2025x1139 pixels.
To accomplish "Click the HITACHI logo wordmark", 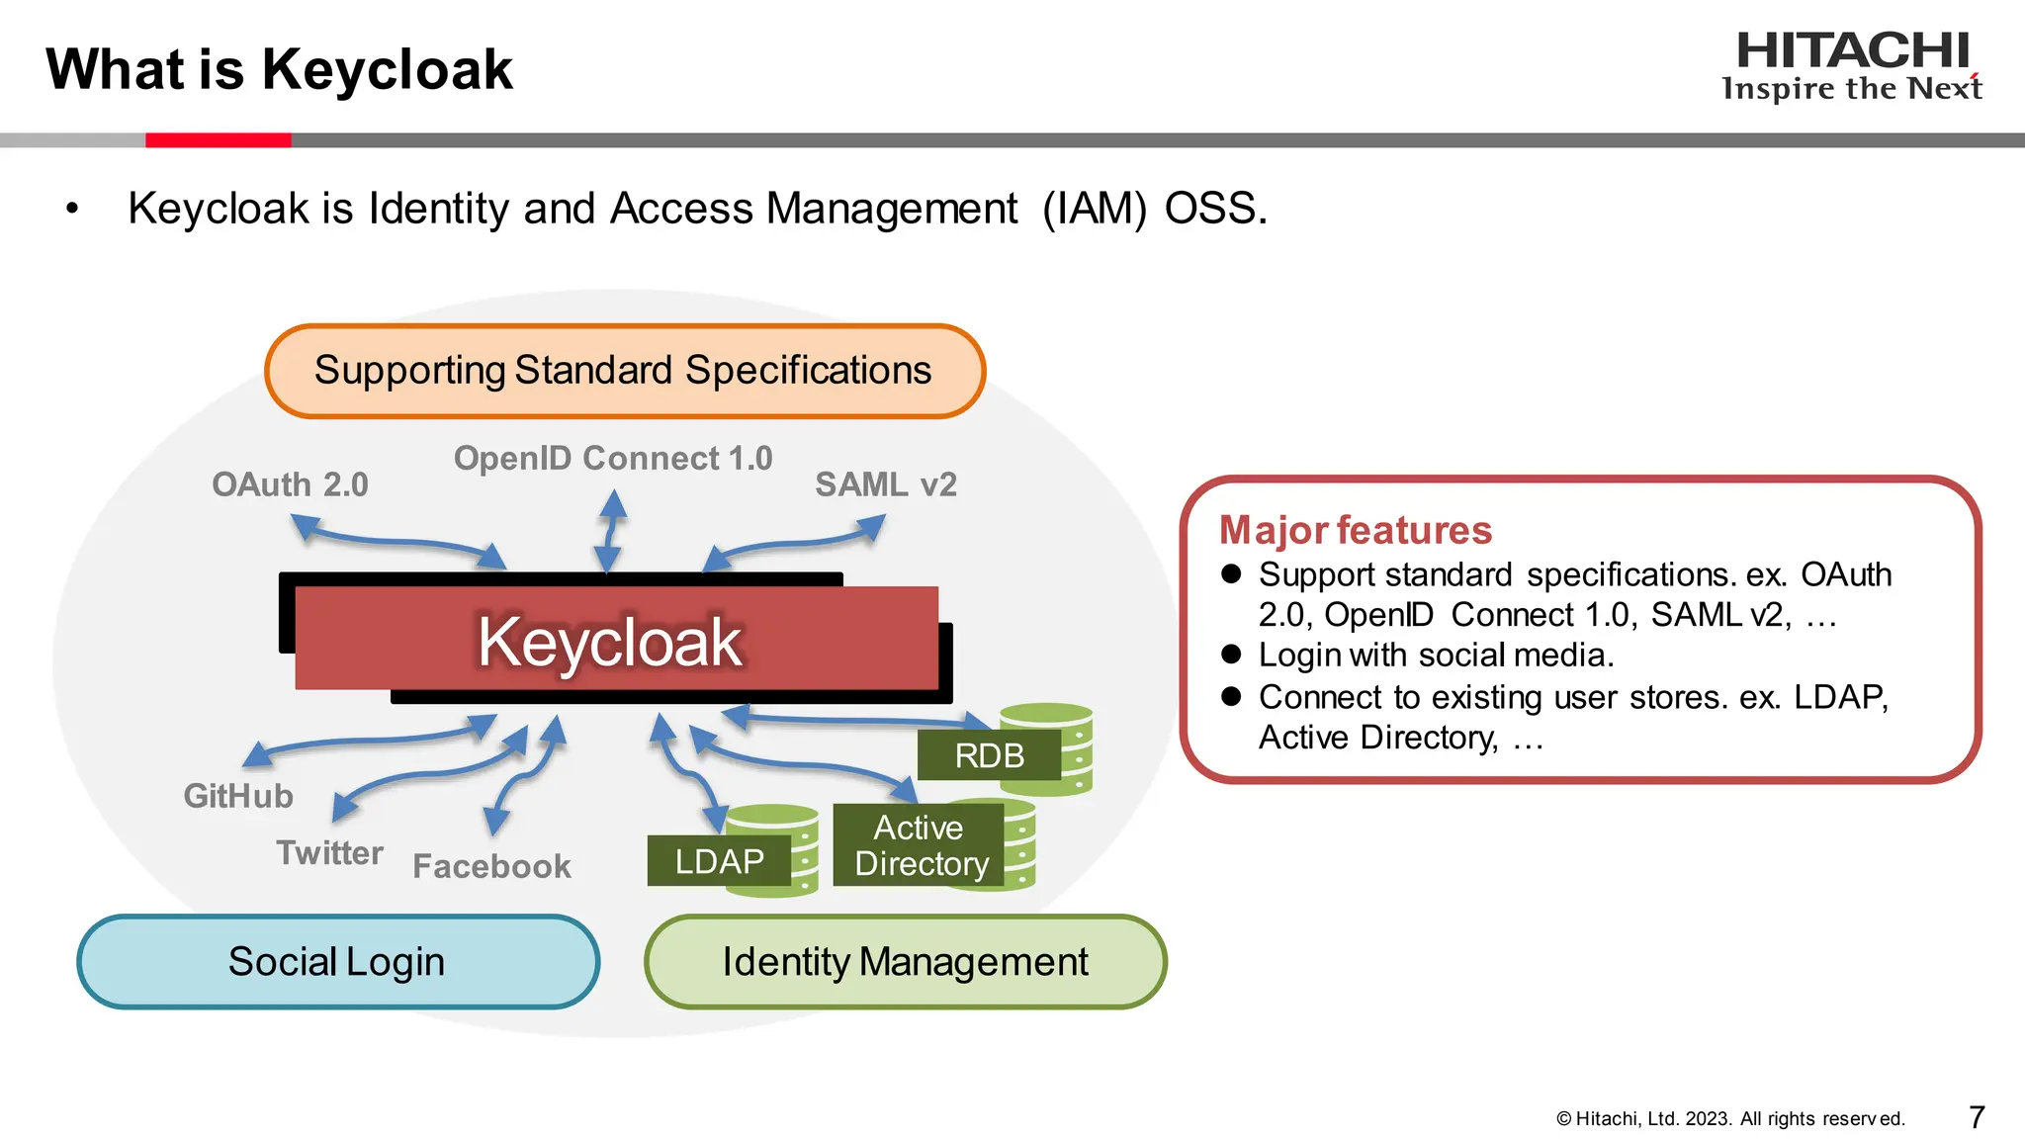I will [1852, 51].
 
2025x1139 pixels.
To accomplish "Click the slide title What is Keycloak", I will [279, 69].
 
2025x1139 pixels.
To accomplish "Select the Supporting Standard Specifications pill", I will [624, 371].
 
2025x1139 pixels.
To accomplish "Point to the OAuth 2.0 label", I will [290, 484].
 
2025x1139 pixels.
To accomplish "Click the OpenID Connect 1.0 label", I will [612, 458].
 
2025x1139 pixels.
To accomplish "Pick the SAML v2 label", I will [885, 484].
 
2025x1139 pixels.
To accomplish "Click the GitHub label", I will [238, 796].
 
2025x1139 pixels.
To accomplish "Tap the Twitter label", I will [329, 852].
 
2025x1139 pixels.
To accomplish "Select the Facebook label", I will [491, 866].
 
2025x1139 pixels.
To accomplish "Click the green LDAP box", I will [719, 861].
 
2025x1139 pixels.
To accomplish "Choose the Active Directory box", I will [920, 845].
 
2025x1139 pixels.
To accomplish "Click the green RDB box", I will [989, 755].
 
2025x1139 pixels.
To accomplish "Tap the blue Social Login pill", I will [337, 962].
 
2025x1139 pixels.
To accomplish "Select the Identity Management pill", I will [905, 962].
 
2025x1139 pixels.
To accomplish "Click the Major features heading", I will [1355, 530].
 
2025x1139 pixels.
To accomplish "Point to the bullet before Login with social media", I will [1231, 654].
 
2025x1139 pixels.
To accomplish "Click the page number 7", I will [1977, 1117].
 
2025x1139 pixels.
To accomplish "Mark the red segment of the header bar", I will [218, 140].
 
